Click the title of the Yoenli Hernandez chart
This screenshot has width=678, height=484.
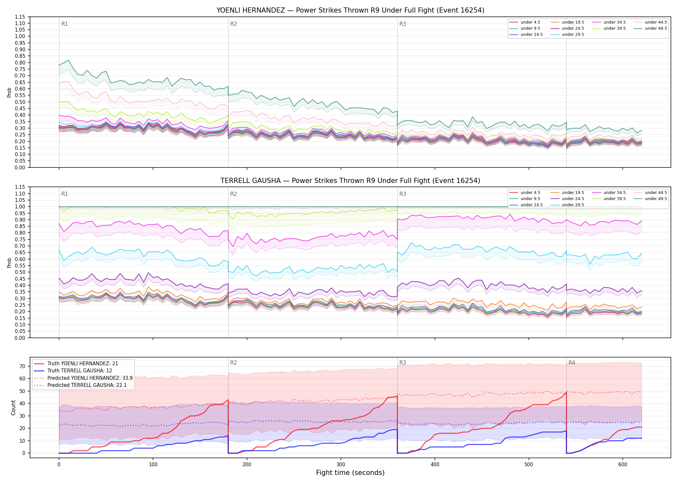350,10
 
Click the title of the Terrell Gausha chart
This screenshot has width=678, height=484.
350,181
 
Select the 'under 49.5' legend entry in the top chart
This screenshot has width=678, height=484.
650,28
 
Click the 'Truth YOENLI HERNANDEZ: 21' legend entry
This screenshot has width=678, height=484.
76,364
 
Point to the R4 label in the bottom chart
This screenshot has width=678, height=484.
572,363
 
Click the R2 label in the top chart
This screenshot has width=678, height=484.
233,24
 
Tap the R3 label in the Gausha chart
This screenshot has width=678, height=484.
403,194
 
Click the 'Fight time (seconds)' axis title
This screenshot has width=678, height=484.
350,473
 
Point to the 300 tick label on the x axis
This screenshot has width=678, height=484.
341,465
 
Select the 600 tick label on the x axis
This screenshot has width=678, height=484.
623,465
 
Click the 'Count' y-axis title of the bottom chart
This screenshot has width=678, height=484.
13,408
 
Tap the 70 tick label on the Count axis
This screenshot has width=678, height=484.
22,366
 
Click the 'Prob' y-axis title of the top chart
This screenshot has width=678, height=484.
9,92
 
